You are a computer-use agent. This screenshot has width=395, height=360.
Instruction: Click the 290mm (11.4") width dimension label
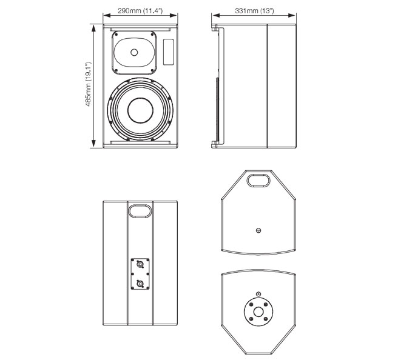[140, 10]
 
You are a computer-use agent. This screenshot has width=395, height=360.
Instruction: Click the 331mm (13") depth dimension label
[254, 10]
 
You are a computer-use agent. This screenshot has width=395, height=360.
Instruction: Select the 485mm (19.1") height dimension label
[89, 84]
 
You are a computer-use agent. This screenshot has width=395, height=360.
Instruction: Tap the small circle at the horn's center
[134, 52]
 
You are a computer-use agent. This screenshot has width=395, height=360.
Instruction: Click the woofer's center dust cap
[140, 110]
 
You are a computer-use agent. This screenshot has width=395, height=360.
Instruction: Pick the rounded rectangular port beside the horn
[169, 52]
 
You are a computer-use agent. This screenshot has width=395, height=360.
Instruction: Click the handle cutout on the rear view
[140, 210]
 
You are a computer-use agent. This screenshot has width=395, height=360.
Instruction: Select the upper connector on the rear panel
[140, 264]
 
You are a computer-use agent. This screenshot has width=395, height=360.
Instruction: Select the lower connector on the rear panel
[140, 284]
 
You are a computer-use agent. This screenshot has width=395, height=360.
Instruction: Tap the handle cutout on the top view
[258, 181]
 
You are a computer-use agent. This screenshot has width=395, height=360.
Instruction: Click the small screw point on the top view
[258, 230]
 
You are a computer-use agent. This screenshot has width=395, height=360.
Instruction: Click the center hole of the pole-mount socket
[258, 312]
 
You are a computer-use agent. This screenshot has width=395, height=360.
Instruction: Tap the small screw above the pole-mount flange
[258, 294]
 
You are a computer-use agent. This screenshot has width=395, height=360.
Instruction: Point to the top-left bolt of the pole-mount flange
[251, 304]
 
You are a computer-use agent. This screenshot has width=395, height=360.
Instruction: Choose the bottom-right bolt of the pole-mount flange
[266, 319]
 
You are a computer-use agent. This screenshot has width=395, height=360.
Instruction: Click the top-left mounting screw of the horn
[116, 34]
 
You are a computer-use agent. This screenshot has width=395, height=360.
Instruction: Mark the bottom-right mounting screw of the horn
[152, 70]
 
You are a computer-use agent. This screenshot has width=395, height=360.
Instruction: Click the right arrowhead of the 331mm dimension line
[292, 15]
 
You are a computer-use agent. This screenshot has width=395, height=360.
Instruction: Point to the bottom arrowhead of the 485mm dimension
[93, 144]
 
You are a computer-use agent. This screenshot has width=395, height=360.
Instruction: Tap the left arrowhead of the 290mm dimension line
[107, 15]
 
